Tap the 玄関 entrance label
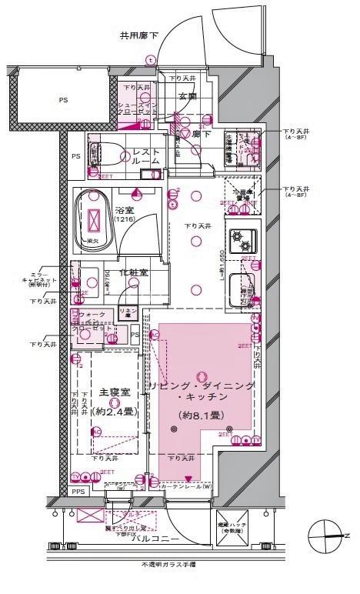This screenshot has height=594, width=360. (x=188, y=96)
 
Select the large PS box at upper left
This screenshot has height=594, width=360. (x=63, y=100)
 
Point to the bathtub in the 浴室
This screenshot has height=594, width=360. (x=95, y=220)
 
